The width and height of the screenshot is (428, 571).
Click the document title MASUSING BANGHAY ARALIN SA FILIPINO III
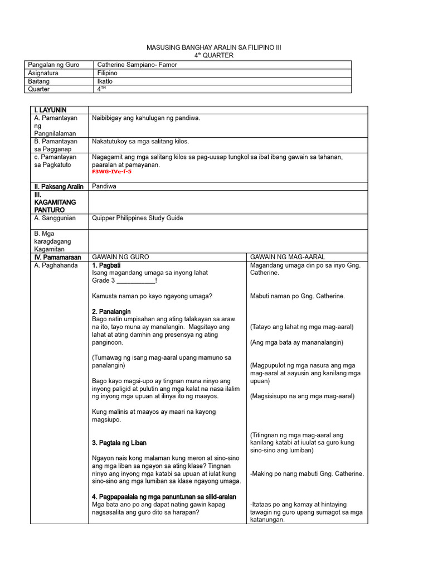(x=213, y=48)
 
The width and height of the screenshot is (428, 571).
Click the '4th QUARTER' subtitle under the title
(x=213, y=56)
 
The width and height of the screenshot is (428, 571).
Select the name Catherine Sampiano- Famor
(x=137, y=65)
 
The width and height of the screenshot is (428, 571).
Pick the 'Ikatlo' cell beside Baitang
(x=104, y=81)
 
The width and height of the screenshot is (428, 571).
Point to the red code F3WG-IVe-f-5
(x=111, y=172)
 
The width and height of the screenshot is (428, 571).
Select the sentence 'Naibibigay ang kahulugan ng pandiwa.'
(x=146, y=118)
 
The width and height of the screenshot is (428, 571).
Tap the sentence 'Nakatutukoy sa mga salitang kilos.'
(x=140, y=142)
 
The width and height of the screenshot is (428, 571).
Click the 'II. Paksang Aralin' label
(x=57, y=186)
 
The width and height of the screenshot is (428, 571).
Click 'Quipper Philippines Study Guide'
(x=137, y=218)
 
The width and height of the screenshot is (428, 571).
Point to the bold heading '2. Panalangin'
(x=111, y=311)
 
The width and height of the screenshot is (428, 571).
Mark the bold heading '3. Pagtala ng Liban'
(x=119, y=443)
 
